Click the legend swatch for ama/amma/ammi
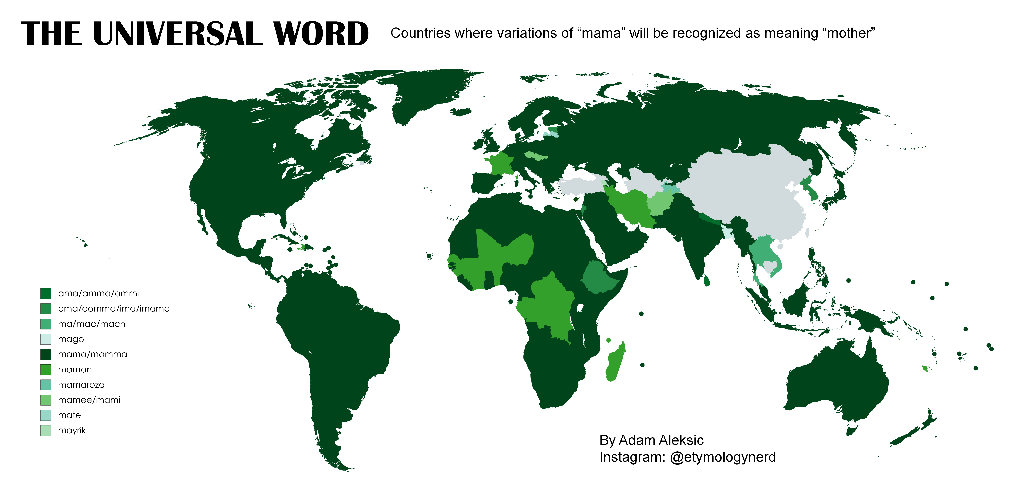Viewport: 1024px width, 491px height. coord(46,294)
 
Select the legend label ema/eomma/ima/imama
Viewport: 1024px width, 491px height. coord(114,309)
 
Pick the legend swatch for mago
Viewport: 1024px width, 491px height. coord(46,339)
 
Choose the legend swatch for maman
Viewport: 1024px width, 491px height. coord(46,370)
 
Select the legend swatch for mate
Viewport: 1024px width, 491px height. coord(46,415)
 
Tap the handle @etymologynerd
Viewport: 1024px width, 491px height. coord(723,457)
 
